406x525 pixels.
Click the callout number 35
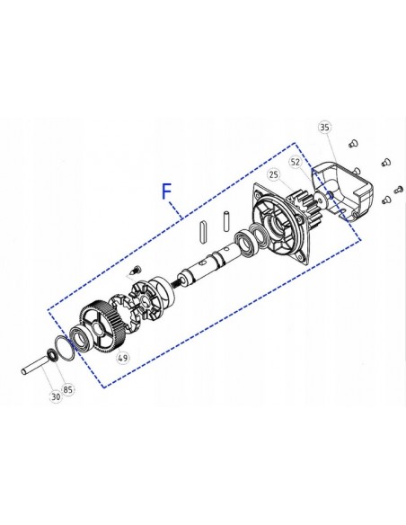tap(324, 128)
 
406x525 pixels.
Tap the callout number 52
tap(296, 163)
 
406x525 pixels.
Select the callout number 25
tap(274, 174)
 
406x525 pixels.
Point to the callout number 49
tap(123, 358)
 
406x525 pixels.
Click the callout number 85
tap(68, 389)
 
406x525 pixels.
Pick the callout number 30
tap(56, 396)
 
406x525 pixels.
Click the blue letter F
tap(166, 191)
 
